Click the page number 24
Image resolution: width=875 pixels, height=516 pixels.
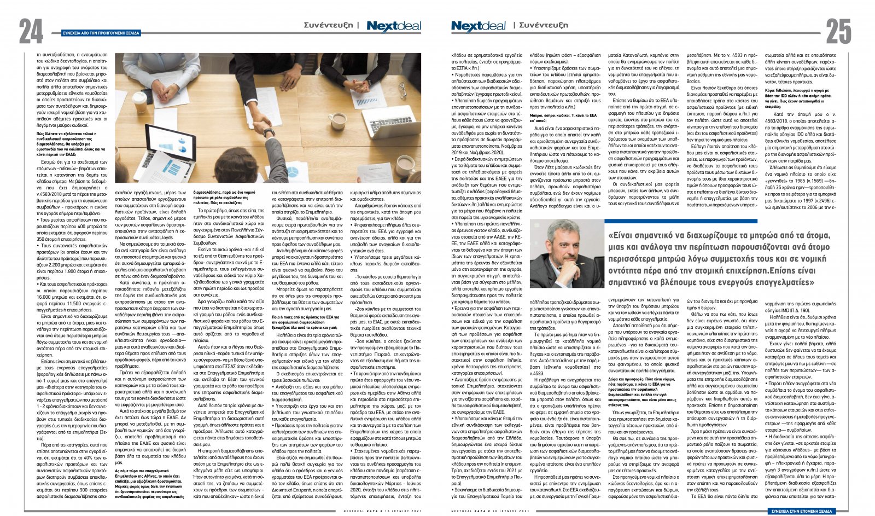click(x=31, y=31)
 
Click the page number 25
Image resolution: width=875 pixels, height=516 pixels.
click(x=838, y=31)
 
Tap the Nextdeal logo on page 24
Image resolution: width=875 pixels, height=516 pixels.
click(x=394, y=26)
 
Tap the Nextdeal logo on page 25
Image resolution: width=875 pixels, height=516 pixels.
click(x=479, y=26)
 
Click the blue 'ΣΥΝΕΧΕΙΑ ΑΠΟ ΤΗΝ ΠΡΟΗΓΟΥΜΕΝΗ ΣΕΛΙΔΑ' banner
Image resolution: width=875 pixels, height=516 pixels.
click(x=102, y=33)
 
